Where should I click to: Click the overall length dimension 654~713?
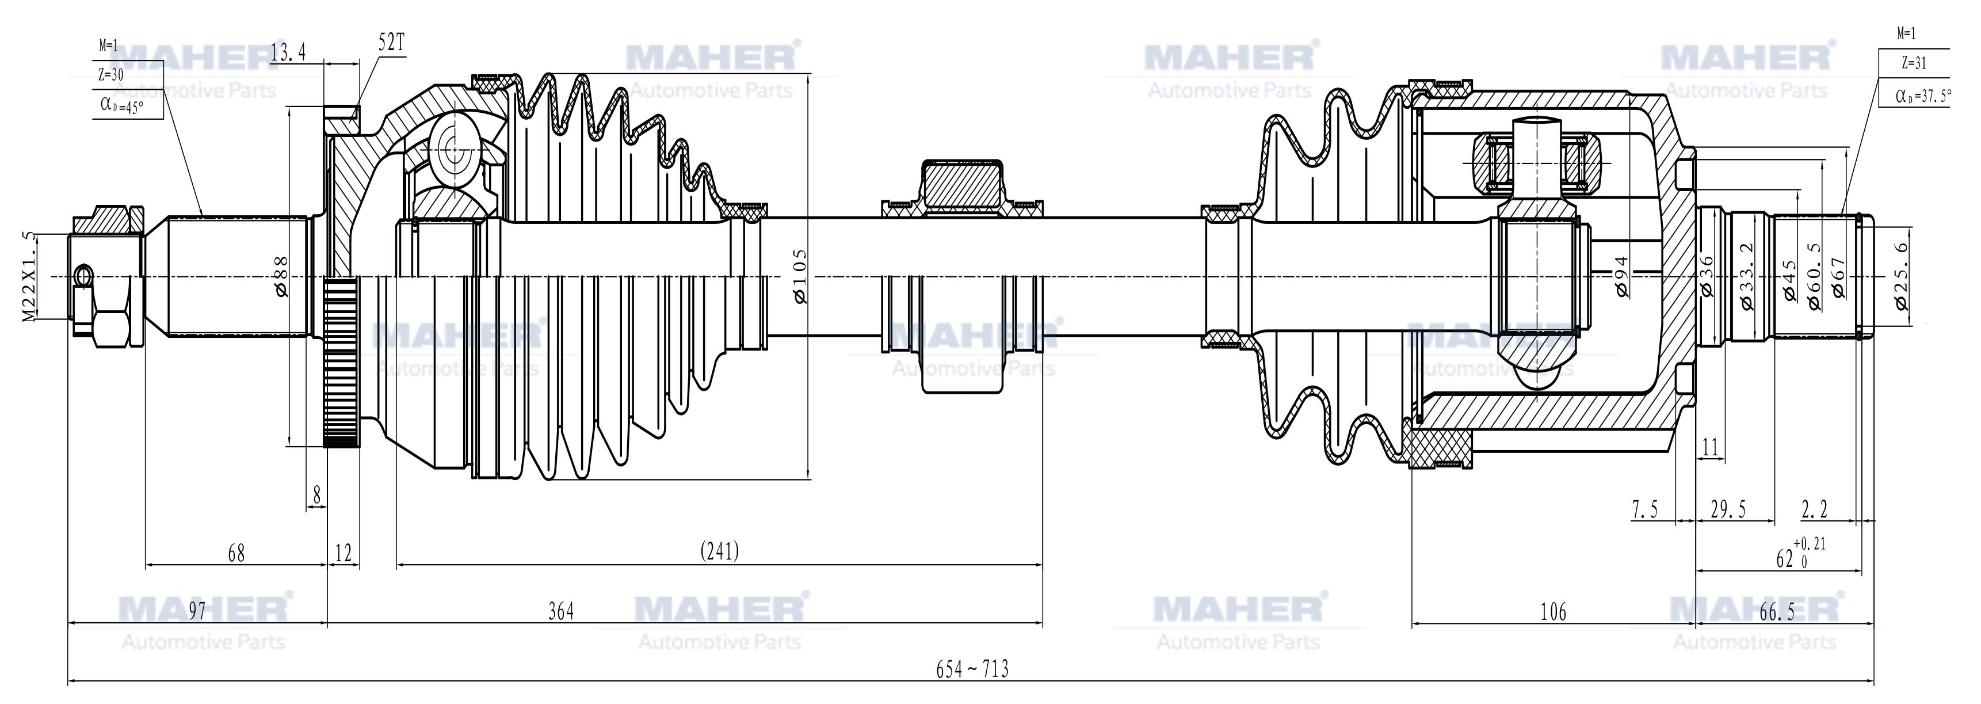pos(972,669)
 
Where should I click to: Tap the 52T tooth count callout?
pos(391,43)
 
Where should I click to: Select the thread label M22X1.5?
pos(29,276)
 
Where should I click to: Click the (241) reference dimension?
pos(720,551)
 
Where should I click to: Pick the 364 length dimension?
pos(562,612)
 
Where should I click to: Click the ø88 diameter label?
pos(280,276)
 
